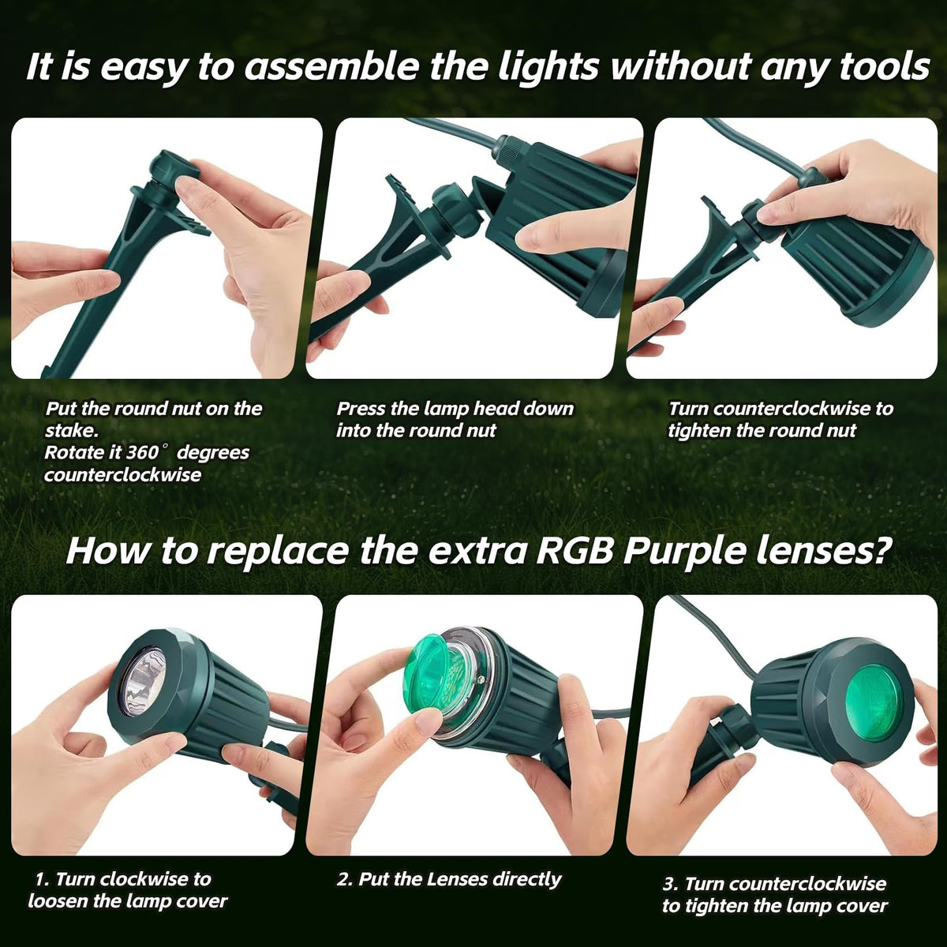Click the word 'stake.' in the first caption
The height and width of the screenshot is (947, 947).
point(71,431)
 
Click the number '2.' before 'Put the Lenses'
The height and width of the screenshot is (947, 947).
point(345,878)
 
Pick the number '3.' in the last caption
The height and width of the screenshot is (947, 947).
point(670,884)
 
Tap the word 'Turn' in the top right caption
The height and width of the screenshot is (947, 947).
point(688,408)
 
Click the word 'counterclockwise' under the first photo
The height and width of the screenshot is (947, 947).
point(123,475)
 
